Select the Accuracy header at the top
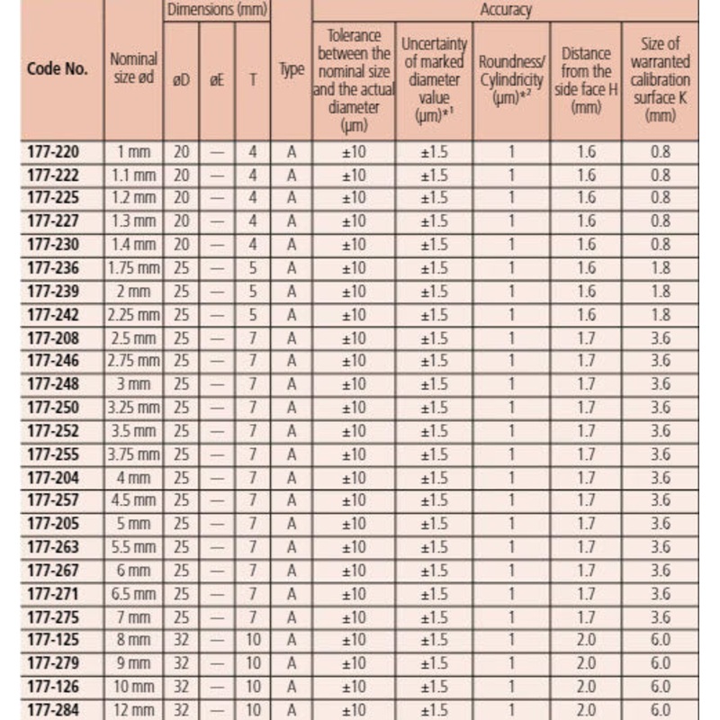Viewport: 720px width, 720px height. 506,11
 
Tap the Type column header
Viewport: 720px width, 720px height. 291,70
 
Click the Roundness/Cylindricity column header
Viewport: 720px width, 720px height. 510,70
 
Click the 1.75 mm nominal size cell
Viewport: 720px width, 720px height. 132,268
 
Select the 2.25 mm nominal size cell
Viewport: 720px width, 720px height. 132,315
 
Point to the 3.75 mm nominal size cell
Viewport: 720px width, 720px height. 132,454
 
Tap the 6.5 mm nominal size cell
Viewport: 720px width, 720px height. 132,594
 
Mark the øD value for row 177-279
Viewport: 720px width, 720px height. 181,663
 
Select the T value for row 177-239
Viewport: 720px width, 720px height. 253,292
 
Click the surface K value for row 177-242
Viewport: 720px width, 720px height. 661,315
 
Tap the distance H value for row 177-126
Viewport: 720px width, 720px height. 586,687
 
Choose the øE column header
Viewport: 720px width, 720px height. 217,79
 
